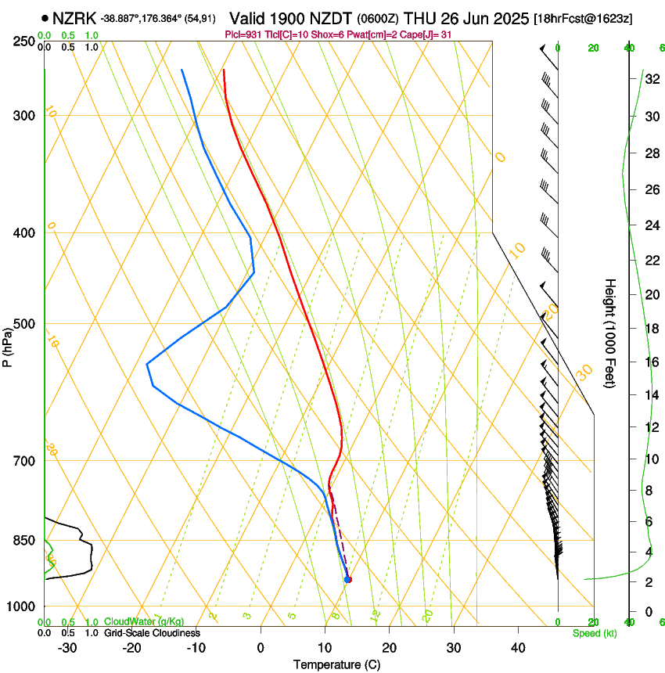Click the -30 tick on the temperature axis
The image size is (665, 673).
coord(67,647)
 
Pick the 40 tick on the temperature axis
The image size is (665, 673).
coord(517,647)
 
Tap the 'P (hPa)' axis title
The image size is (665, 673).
coord(8,345)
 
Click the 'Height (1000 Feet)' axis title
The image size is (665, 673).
coord(611,333)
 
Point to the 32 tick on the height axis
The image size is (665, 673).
coord(651,78)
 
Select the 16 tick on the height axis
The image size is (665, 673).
coord(651,362)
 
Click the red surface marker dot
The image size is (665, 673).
coord(349,579)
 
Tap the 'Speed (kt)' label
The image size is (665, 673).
coord(594,632)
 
